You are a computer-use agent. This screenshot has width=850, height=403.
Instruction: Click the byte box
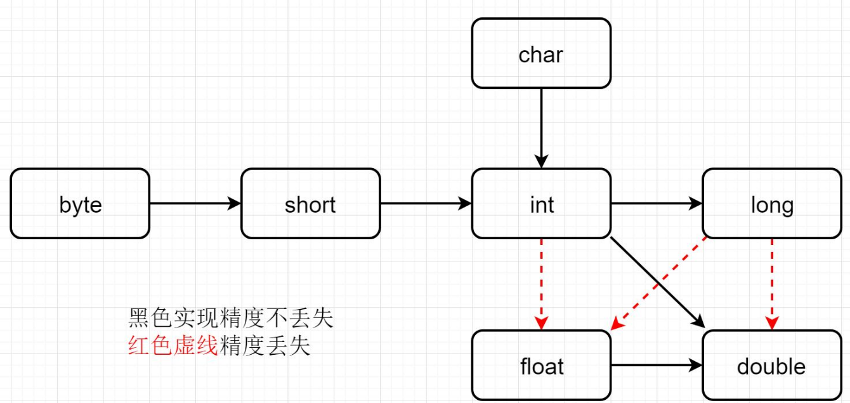80,204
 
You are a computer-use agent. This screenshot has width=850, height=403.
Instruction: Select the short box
310,204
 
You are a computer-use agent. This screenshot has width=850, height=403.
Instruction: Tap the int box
541,204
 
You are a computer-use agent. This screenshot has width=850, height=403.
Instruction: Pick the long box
772,204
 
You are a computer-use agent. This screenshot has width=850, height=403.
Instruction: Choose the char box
541,53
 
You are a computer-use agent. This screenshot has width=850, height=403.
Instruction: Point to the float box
541,366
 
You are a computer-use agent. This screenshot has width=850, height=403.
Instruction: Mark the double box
772,366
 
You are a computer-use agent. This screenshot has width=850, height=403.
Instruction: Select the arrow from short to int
426,204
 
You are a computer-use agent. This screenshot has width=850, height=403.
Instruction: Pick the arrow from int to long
656,204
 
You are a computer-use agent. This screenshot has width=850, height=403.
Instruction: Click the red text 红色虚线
173,347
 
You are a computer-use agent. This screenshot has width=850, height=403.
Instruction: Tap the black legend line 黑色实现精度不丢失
230,318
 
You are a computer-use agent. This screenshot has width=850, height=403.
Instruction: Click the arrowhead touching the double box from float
696,366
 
